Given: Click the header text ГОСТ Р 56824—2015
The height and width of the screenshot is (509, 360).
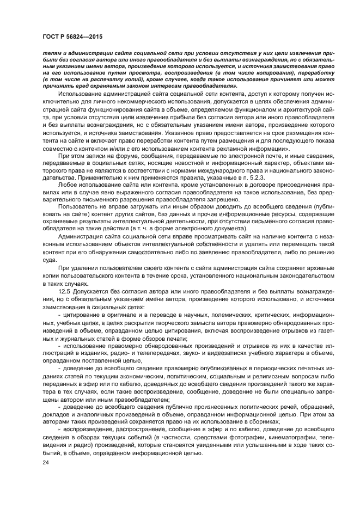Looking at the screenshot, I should pyautogui.click(x=72, y=36).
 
